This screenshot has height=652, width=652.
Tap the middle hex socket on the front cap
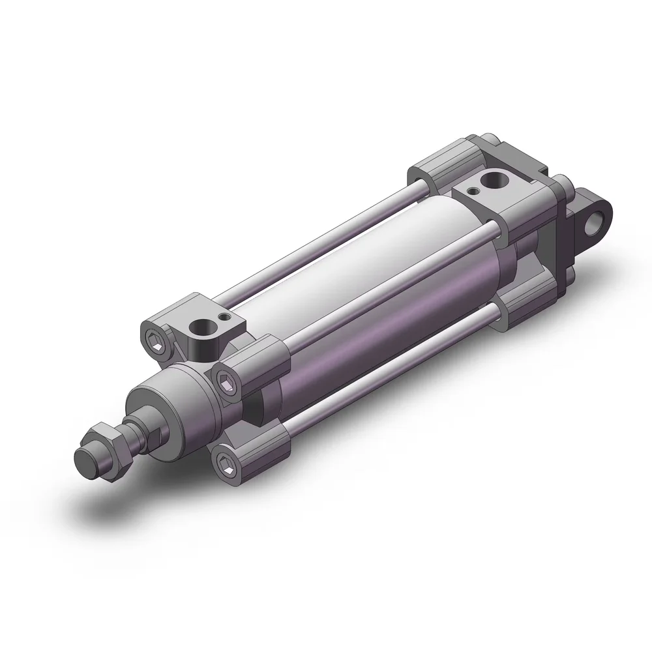(226, 383)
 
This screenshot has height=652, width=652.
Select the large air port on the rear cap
(490, 180)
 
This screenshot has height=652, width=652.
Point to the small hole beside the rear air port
(473, 190)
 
